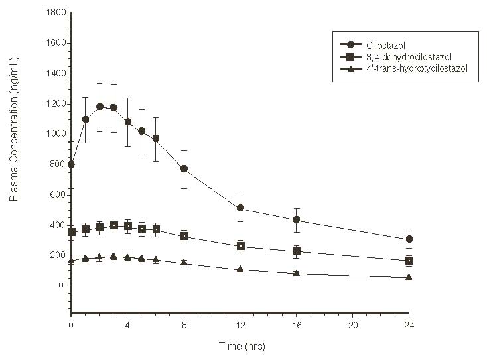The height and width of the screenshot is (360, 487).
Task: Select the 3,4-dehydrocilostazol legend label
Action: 405,56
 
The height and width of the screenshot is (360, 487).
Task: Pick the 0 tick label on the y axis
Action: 60,286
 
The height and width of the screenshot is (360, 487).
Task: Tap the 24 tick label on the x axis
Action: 409,324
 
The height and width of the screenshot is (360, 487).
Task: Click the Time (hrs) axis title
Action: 240,346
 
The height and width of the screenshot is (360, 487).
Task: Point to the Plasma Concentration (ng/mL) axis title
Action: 14,148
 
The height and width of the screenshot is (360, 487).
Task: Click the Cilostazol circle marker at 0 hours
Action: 71,164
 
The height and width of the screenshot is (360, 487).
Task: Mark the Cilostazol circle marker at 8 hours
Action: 184,169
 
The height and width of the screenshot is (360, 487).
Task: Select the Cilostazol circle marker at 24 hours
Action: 409,239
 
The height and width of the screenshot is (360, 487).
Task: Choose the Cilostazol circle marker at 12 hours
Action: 240,208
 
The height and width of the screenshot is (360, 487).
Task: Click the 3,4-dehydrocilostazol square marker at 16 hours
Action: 297,251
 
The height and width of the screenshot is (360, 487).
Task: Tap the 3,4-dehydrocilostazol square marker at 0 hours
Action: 71,232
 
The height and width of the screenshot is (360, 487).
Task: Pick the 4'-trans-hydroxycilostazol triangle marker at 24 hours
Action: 409,276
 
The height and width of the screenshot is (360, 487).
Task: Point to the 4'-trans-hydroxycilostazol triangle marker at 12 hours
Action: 240,269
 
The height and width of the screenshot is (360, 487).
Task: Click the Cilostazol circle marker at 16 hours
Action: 297,219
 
